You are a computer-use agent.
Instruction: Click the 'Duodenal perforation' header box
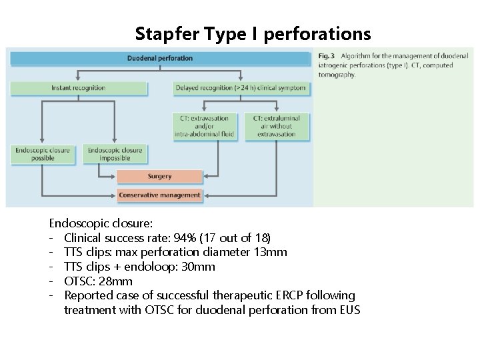pyautogui.click(x=160, y=58)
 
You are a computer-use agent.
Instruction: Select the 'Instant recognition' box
pyautogui.click(x=78, y=87)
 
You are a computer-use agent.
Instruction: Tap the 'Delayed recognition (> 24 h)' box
pyautogui.click(x=241, y=87)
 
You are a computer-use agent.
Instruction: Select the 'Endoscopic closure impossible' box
pyautogui.click(x=115, y=155)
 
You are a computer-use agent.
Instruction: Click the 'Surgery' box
pyautogui.click(x=159, y=177)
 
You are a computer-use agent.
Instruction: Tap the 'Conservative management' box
pyautogui.click(x=159, y=195)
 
